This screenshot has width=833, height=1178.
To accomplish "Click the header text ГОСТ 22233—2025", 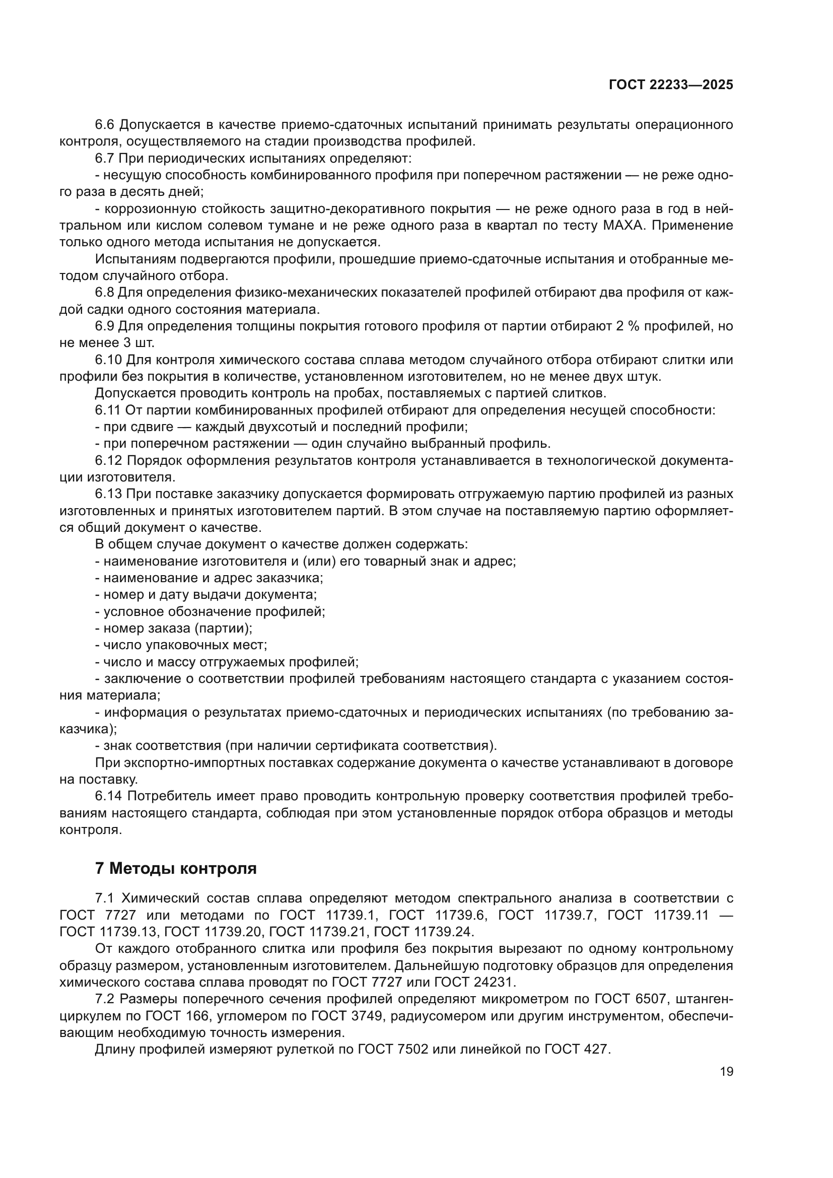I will point(671,85).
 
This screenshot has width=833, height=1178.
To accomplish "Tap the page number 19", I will point(726,1072).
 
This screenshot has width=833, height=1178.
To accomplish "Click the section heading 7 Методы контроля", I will point(176,869).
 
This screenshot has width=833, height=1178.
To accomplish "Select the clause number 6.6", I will point(105,125).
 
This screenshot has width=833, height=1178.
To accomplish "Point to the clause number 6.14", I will point(109,796).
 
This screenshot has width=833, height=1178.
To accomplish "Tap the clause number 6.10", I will point(109,360).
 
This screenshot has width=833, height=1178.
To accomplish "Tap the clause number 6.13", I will point(109,494).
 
